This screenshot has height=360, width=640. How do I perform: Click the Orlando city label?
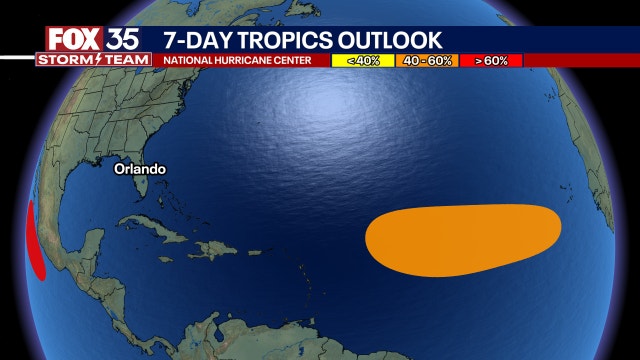[139, 169]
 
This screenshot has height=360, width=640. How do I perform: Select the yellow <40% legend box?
[362, 61]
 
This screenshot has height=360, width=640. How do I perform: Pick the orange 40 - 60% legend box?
[427, 61]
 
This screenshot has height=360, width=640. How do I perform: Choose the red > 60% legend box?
[491, 61]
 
